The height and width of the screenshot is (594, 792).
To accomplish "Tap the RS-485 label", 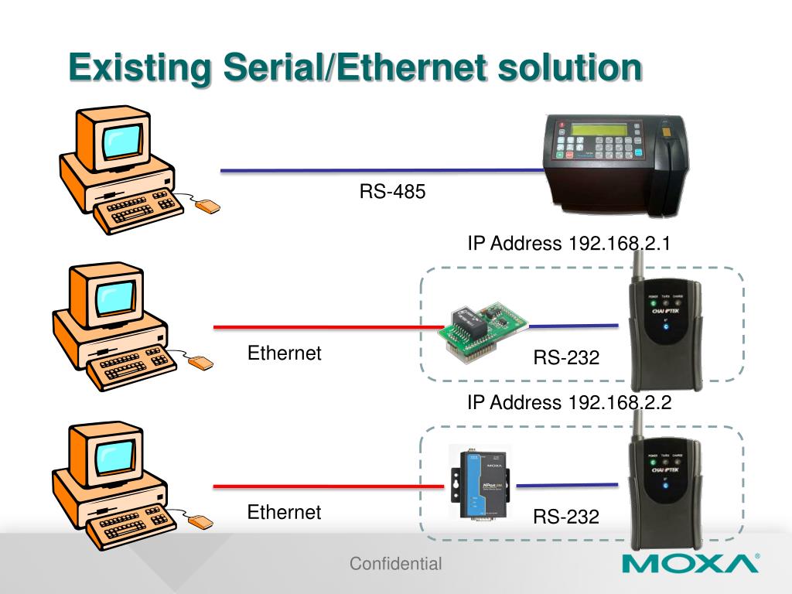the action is click(x=392, y=191).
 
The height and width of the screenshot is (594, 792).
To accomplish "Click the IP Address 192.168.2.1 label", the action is click(x=568, y=244).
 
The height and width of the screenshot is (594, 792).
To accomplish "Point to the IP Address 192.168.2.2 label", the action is click(x=568, y=402).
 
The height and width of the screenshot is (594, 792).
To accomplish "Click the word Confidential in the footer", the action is click(x=395, y=564).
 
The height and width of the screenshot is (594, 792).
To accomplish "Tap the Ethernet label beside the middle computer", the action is click(x=284, y=353).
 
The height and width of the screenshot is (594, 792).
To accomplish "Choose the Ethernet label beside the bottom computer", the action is click(x=284, y=512).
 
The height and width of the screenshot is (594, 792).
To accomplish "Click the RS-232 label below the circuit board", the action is click(x=566, y=358).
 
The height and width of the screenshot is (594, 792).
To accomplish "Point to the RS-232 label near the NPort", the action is click(x=566, y=517).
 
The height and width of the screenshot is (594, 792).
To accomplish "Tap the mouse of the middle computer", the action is click(x=201, y=362).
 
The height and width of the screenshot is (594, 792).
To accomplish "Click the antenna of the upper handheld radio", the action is click(x=640, y=259).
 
